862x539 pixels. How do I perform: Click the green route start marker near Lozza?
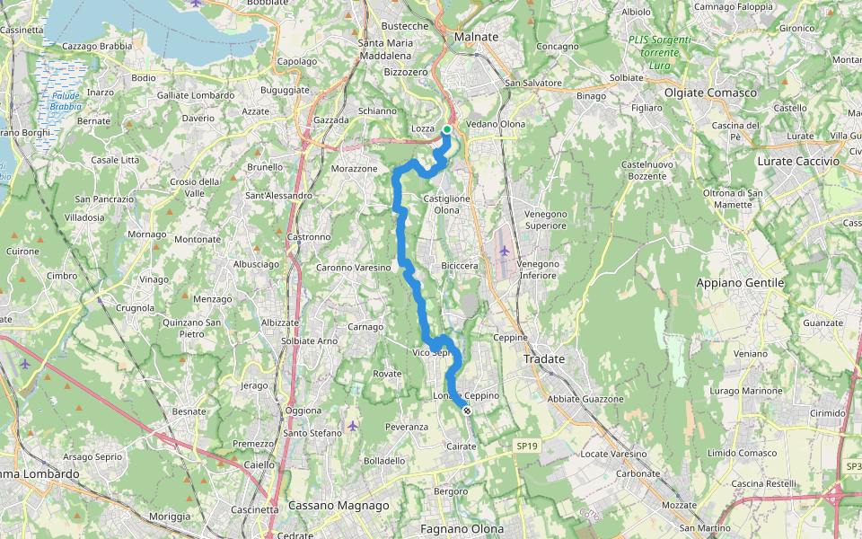click(x=447, y=129)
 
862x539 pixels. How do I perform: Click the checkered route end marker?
click(x=467, y=411)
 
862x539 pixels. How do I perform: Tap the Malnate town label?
click(x=476, y=37)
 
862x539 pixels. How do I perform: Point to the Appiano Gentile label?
click(x=741, y=283)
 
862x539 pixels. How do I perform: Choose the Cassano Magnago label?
click(x=339, y=506)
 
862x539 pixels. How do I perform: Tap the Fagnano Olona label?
click(x=462, y=529)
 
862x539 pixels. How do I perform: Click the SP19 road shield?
click(x=527, y=446)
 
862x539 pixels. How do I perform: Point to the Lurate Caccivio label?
click(x=798, y=161)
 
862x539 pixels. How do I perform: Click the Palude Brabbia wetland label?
click(x=66, y=101)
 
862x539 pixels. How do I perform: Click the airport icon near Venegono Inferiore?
click(x=504, y=251)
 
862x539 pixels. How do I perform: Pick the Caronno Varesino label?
click(x=353, y=268)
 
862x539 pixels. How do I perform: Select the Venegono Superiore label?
click(x=546, y=219)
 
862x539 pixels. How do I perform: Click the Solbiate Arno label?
click(x=309, y=341)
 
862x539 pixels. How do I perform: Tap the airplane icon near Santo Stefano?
click(x=352, y=425)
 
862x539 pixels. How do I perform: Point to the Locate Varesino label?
click(x=614, y=455)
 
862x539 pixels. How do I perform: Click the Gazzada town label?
click(x=331, y=119)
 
